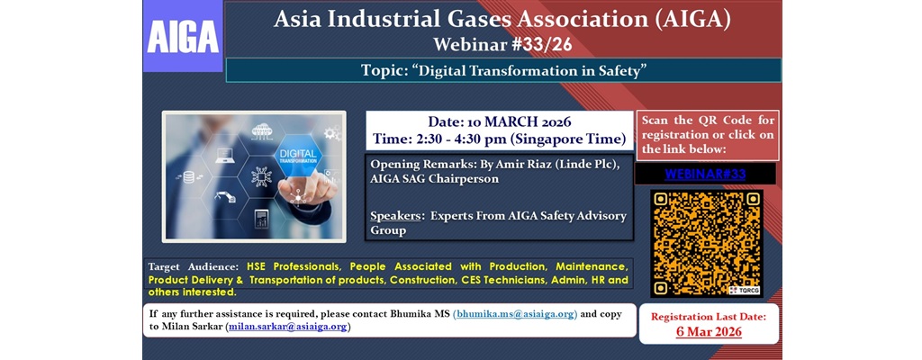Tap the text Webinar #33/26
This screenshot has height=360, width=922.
502,44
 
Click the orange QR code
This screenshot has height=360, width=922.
706,243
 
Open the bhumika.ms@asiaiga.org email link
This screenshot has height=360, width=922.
514,314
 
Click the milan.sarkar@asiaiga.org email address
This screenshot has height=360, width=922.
287,327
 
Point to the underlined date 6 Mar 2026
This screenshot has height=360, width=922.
709,331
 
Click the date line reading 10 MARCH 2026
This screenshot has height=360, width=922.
500,122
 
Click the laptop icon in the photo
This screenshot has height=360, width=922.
225,156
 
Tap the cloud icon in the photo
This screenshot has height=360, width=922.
261,130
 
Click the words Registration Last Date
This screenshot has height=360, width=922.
709,317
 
